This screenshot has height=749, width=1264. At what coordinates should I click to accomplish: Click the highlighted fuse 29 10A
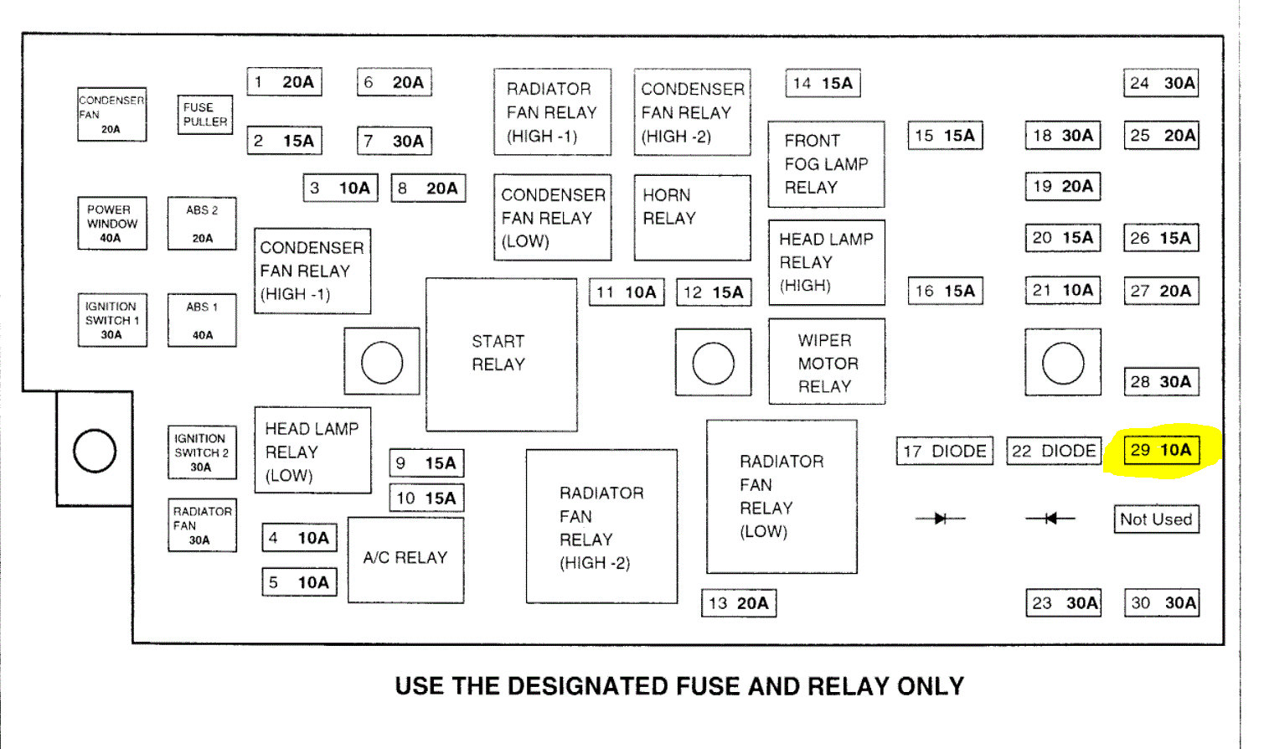pyautogui.click(x=1161, y=451)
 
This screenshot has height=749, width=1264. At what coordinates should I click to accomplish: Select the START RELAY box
pyautogui.click(x=501, y=354)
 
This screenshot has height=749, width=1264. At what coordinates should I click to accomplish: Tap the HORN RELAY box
pyautogui.click(x=692, y=217)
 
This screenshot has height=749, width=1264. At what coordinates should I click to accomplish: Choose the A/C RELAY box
pyautogui.click(x=405, y=559)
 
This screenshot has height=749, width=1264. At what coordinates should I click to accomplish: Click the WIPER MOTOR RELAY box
pyautogui.click(x=826, y=362)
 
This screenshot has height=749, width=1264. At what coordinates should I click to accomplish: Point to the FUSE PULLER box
pyautogui.click(x=204, y=115)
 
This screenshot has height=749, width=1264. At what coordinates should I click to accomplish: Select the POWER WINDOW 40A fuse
pyautogui.click(x=111, y=223)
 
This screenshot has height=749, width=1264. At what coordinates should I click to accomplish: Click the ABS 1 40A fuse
pyautogui.click(x=202, y=320)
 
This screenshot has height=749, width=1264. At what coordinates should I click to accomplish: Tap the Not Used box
pyautogui.click(x=1156, y=519)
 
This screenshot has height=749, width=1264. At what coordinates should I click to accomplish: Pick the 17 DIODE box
pyautogui.click(x=944, y=452)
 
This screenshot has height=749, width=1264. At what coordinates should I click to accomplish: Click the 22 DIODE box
pyautogui.click(x=1053, y=452)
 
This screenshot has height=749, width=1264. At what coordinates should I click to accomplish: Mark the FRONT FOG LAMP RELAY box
pyautogui.click(x=826, y=164)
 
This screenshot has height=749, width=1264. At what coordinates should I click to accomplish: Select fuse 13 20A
pyautogui.click(x=738, y=603)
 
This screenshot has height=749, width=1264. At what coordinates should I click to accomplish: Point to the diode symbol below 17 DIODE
pyautogui.click(x=940, y=519)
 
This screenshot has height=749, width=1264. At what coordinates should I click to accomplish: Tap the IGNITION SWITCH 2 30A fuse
pyautogui.click(x=201, y=452)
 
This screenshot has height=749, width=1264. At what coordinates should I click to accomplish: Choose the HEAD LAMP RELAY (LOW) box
pyautogui.click(x=312, y=451)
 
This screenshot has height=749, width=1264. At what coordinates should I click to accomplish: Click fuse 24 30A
pyautogui.click(x=1161, y=83)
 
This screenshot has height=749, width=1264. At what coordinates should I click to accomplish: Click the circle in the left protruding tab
pyautogui.click(x=95, y=451)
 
